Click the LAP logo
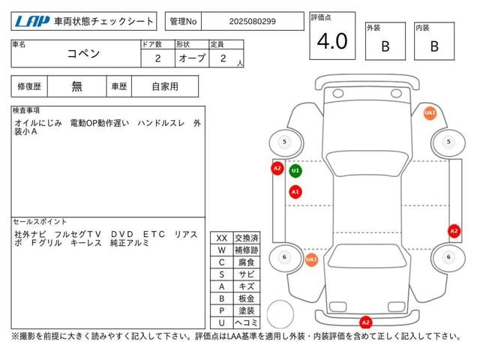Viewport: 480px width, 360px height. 32,22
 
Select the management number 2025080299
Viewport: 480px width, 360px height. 252,22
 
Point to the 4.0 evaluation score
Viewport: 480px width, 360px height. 332,41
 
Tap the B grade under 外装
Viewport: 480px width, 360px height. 385,46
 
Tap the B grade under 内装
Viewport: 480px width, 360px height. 434,46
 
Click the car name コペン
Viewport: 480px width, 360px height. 83,53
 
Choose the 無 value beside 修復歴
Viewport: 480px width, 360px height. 76,86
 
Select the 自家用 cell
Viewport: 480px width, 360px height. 165,86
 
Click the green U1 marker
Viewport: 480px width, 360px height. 295,171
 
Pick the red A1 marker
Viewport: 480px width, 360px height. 295,192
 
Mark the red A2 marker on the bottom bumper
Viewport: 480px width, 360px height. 365,322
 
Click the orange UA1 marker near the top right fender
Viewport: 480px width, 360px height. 430,113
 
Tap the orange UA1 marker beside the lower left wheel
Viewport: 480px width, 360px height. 311,259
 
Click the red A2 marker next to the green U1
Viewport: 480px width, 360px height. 277,168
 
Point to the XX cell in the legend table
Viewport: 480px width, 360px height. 222,238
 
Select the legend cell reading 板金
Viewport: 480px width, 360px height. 247,298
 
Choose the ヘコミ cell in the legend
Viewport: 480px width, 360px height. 247,322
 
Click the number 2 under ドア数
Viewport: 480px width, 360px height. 157,58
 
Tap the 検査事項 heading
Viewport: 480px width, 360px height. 26,110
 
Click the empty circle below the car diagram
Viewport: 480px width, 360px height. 280,314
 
